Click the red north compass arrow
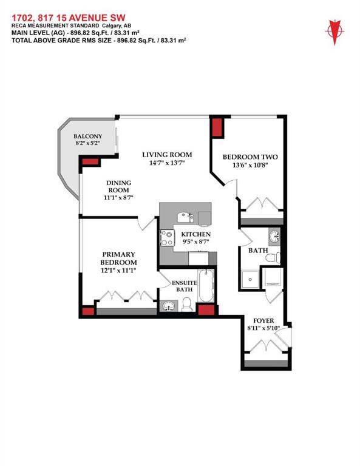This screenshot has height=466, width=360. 335,32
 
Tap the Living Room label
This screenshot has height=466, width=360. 167,155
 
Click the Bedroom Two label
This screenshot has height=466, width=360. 250,157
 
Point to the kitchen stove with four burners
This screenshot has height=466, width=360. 167,238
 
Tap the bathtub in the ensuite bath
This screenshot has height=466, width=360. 206,285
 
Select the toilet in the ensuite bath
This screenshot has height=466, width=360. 187,305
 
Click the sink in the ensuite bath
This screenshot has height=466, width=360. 169,306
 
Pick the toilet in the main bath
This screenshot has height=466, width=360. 273,257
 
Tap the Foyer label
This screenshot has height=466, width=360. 263,320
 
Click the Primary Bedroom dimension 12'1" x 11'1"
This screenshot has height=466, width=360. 118,270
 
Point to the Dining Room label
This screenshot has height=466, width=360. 118,186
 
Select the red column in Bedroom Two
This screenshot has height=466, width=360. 217,128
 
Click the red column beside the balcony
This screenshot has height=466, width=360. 90,161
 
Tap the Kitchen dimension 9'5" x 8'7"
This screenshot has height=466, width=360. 196,241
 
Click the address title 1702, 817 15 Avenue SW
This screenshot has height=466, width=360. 69,18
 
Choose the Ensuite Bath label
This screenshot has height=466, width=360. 185,286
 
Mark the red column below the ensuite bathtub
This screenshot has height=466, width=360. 206,309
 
